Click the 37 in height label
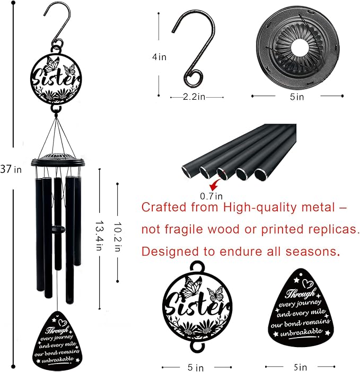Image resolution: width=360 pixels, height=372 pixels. [11, 169]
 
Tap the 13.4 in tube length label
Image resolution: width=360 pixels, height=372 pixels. [100, 236]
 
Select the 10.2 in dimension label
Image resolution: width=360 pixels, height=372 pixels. [118, 237]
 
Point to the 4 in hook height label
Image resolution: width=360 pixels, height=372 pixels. [159, 57]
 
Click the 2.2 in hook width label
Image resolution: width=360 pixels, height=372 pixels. [194, 97]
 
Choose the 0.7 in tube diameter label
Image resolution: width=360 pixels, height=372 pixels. [211, 196]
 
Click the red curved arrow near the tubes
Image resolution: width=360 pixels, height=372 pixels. [215, 183]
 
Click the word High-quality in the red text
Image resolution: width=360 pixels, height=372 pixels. [260, 207]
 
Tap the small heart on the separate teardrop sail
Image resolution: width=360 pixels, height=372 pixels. [308, 283]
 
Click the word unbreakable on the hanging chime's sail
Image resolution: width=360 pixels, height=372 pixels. [58, 360]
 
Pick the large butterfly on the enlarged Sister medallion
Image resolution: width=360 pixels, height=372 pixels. [191, 287]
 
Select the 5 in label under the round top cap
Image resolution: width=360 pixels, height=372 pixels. [297, 97]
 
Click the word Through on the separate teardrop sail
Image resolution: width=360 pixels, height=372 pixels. [301, 293]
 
